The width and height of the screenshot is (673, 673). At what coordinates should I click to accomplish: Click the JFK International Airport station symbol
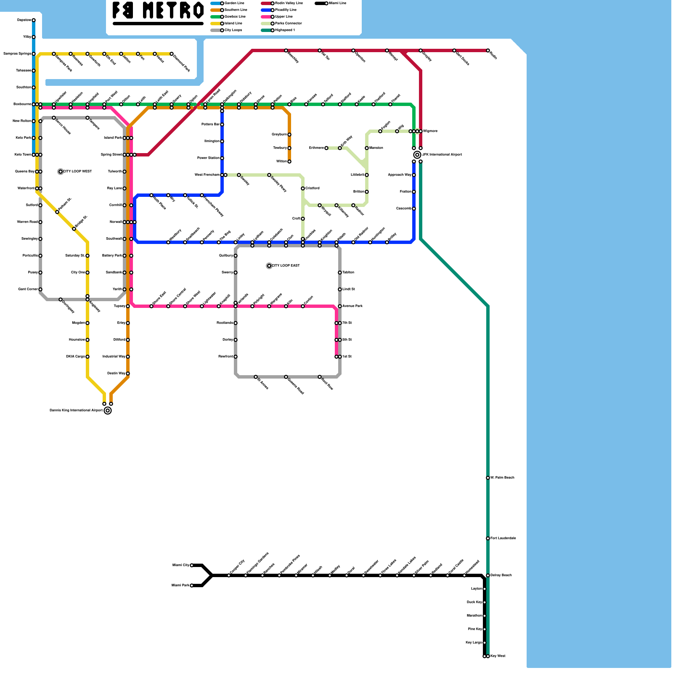(x=417, y=155)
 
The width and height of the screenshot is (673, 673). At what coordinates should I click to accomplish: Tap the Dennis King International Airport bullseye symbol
(x=108, y=411)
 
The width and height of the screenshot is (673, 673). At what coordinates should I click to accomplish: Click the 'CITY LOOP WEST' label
(x=77, y=172)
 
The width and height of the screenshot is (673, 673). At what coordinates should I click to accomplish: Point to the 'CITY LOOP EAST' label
(x=286, y=266)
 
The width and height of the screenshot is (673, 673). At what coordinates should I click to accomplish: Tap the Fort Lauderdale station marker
(x=488, y=538)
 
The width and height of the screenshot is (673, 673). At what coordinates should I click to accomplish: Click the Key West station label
(x=498, y=656)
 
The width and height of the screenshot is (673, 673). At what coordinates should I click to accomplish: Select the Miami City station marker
(x=192, y=565)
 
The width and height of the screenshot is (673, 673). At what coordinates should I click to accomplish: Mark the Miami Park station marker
(x=192, y=586)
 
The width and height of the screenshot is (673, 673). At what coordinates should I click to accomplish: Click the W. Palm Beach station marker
(x=488, y=478)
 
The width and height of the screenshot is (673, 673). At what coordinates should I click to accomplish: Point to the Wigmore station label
(x=430, y=131)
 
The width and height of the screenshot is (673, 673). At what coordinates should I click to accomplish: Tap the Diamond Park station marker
(x=172, y=54)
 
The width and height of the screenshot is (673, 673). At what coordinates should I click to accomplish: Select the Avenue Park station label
(x=352, y=306)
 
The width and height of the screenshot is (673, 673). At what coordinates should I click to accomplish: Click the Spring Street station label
(x=111, y=155)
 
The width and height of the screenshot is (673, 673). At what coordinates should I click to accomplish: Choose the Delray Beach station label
(x=501, y=575)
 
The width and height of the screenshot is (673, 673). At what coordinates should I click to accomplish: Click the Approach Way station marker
(x=414, y=175)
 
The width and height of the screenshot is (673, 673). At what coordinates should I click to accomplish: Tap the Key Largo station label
(x=474, y=643)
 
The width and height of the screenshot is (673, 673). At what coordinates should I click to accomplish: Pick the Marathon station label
(x=474, y=616)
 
